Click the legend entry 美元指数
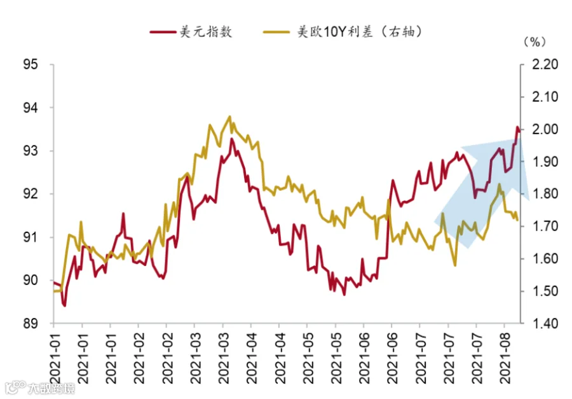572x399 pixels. click(206, 32)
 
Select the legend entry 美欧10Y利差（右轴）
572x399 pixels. click(359, 32)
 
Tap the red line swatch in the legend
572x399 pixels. click(163, 32)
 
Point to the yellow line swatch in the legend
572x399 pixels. click(276, 32)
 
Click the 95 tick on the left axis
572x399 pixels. click(31, 65)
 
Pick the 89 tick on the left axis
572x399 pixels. click(31, 324)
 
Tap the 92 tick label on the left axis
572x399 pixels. click(31, 194)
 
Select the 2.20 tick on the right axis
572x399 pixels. click(545, 65)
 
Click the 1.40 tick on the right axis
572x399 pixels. click(545, 324)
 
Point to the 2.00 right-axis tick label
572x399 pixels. click(545, 129)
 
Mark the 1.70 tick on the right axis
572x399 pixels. click(545, 227)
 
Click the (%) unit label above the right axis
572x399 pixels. click(535, 42)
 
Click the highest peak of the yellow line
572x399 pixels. click(229, 116)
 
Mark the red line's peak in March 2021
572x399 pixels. click(231, 139)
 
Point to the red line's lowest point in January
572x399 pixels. click(65, 305)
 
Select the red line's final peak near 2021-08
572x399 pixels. click(517, 127)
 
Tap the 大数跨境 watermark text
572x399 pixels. click(51, 388)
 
